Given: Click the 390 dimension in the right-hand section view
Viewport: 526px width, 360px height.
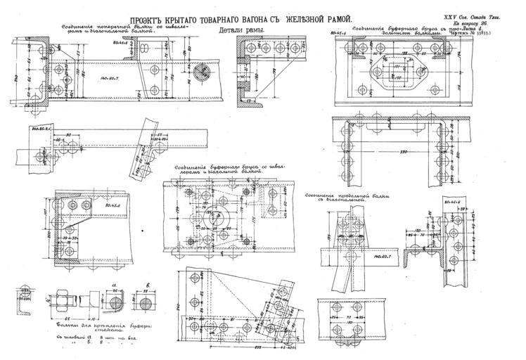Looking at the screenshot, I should tap(384, 152).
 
